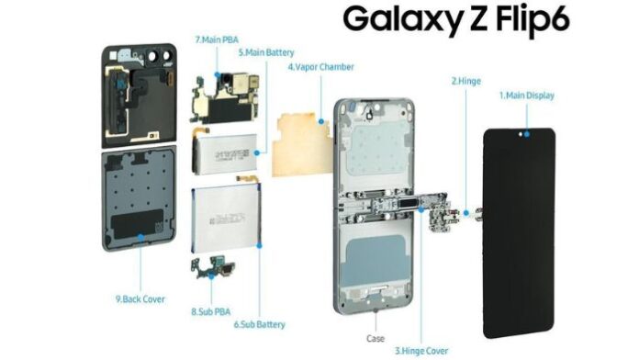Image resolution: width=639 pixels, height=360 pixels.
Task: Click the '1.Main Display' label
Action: click(x=526, y=95)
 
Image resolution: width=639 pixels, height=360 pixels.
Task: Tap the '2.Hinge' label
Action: click(x=465, y=81)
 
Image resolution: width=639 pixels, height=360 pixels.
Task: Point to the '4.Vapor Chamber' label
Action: click(x=320, y=67)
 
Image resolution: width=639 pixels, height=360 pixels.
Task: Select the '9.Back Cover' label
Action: click(x=140, y=298)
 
